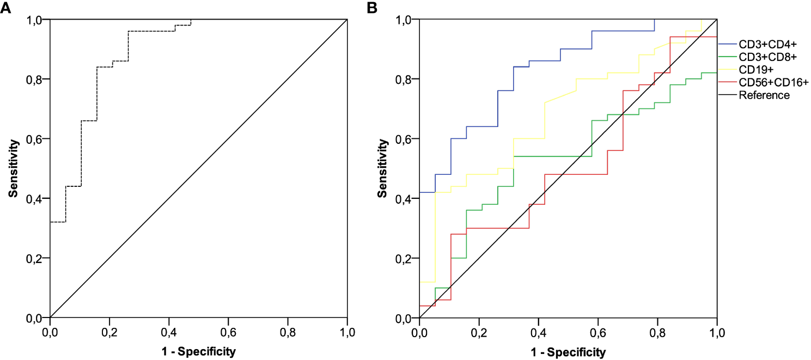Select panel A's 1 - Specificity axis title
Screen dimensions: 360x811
198,352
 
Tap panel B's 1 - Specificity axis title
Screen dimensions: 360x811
568,352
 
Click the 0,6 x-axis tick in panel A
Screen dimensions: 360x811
228,331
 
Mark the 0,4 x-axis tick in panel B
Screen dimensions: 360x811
538,331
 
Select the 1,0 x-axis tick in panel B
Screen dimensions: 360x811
717,331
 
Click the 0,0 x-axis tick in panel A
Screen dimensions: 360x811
50,331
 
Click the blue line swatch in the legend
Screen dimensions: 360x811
728,44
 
